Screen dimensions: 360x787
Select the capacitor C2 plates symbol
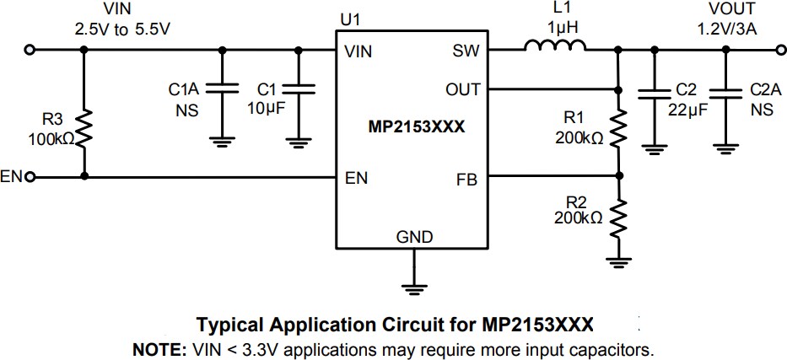[x=652, y=94]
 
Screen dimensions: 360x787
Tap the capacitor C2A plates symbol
[x=725, y=94]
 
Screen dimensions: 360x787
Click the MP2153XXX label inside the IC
[x=411, y=129]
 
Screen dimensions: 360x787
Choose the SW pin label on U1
[x=466, y=51]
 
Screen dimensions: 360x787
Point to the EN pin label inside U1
[x=356, y=178]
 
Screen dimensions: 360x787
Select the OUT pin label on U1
[x=462, y=89]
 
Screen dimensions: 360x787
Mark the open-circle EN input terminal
[x=31, y=177]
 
